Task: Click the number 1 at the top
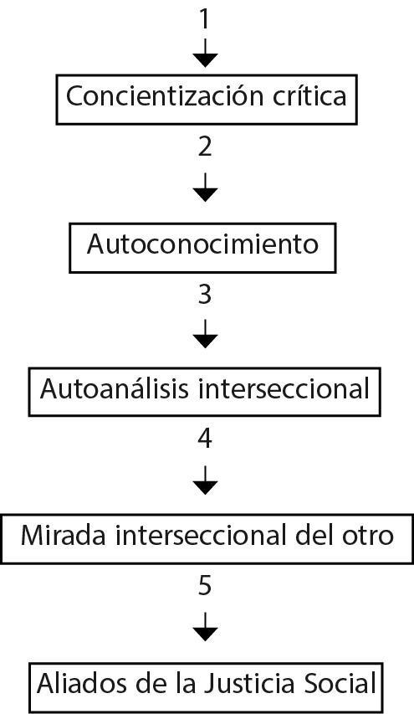(205, 18)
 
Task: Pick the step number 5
(205, 586)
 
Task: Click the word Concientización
(157, 97)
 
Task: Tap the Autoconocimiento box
(204, 245)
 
